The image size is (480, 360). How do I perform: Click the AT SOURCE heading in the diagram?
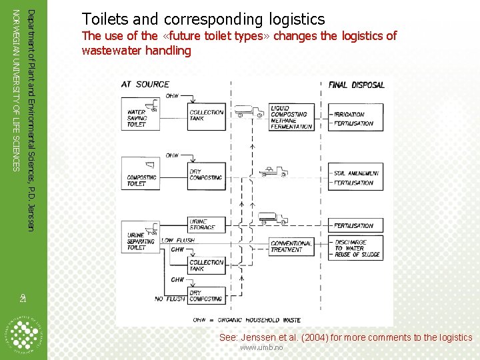point(145,84)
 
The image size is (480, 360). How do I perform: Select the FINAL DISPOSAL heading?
point(357,85)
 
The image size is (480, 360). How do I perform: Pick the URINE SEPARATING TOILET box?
point(137,241)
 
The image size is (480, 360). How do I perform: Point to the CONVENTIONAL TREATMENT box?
point(290,247)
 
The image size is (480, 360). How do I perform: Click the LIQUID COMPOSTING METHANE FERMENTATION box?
point(291,117)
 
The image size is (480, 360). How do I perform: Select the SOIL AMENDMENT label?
point(357,173)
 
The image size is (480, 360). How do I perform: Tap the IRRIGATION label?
point(349,115)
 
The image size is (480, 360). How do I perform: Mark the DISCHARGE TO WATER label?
point(351,245)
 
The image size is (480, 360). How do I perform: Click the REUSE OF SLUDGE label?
point(357,255)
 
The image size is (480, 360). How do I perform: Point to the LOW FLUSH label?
point(177,240)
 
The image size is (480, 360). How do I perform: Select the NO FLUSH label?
point(168,299)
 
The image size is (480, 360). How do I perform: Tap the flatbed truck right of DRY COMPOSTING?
point(273,171)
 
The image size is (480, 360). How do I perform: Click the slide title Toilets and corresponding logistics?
point(203,19)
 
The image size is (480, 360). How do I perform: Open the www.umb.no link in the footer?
point(261,348)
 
